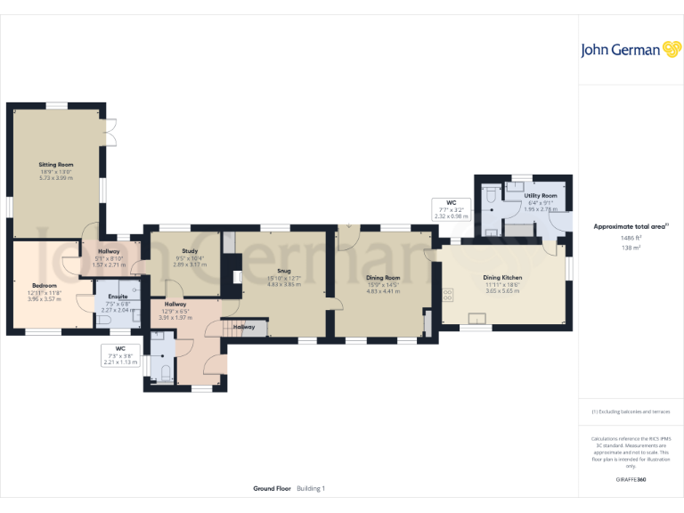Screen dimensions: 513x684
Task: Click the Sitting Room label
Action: pos(55,165)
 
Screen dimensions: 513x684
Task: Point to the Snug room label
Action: pos(283,270)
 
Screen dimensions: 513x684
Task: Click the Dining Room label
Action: pos(383,278)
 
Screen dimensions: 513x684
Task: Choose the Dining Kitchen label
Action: pos(502,278)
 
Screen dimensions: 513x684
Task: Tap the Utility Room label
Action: pos(541,195)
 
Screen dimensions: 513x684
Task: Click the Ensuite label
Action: pos(118,297)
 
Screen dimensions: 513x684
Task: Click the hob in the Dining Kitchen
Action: pos(448,293)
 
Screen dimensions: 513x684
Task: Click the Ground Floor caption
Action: pos(272,489)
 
